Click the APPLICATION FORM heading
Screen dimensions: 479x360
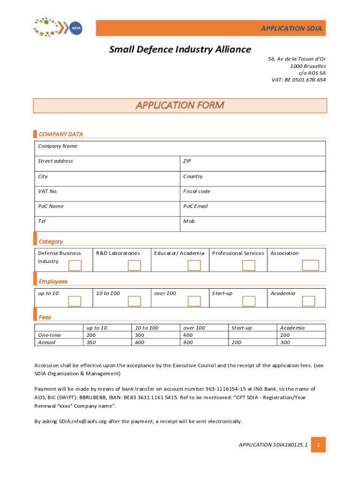pos(180,105)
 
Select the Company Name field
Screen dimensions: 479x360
pos(180,148)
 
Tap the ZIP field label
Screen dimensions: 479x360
pos(187,161)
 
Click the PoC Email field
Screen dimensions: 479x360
pos(252,209)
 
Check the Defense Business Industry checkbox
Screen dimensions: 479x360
pos(75,266)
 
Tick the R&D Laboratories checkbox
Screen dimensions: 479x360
pos(134,266)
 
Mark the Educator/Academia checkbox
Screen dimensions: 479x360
pos(194,266)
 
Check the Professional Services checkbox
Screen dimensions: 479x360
pos(248,266)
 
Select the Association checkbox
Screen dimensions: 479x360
pos(310,266)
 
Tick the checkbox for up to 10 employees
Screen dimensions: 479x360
pos(75,301)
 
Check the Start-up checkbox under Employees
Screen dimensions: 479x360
pos(248,301)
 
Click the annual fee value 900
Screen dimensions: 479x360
pos(188,342)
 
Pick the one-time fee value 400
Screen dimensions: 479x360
pos(188,335)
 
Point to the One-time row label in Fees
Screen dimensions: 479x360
pos(50,335)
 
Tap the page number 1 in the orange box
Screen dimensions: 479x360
pos(318,445)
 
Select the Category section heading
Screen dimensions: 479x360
pos(50,242)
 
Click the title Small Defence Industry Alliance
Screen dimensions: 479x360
pos(180,50)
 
